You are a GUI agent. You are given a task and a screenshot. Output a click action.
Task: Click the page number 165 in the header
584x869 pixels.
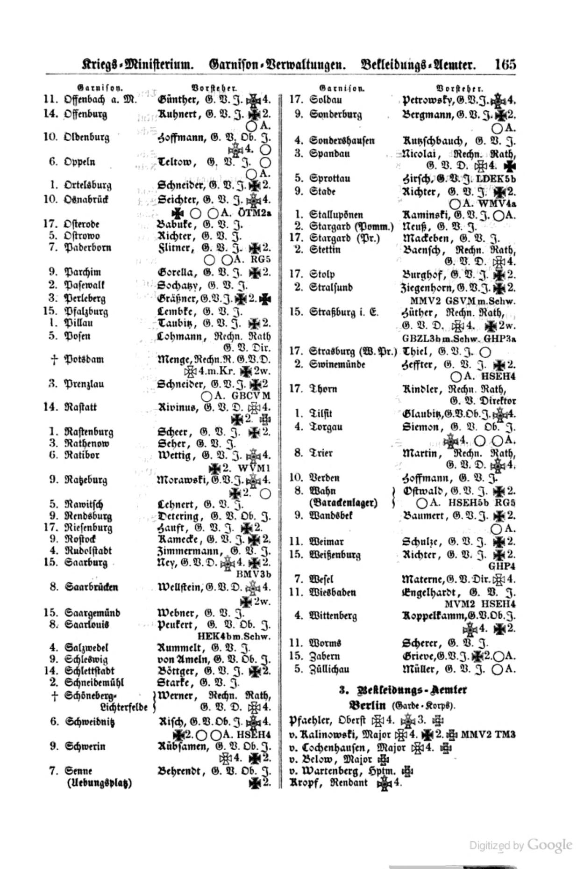[506, 64]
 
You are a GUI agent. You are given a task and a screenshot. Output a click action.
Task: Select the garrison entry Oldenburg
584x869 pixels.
[86, 138]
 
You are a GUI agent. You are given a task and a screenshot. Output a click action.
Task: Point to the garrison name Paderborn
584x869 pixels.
[87, 247]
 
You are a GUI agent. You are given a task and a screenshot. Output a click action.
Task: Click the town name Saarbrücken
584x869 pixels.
[91, 587]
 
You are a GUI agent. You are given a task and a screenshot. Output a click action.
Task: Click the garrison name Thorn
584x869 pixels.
[323, 389]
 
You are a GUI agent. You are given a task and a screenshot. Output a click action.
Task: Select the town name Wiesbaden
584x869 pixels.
[333, 593]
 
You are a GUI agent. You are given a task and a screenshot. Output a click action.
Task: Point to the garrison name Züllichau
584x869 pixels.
[329, 669]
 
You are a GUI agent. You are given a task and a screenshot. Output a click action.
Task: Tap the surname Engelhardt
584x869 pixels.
[432, 593]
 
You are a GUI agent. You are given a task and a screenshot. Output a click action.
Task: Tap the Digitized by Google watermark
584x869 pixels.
[520, 845]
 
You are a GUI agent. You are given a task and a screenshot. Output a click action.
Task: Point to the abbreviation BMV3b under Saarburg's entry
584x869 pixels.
[254, 574]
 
